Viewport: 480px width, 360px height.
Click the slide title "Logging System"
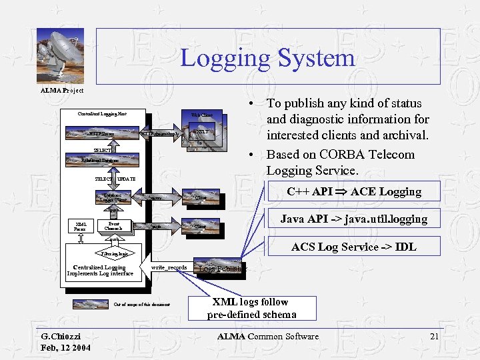(x=267, y=57)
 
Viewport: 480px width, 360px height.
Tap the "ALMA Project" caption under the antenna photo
(x=62, y=89)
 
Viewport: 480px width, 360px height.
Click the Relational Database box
(x=100, y=161)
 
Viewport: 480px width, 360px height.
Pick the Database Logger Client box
(x=113, y=197)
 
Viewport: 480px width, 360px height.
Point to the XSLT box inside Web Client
(x=201, y=133)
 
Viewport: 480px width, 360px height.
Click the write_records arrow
(x=169, y=268)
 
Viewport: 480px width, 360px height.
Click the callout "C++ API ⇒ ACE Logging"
(x=353, y=192)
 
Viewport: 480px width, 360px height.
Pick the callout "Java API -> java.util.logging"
(x=353, y=219)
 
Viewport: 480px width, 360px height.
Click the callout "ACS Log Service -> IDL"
(x=353, y=247)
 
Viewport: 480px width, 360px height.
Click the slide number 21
(x=434, y=337)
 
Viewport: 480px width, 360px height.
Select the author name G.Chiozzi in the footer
(x=61, y=337)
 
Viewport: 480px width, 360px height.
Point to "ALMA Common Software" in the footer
(x=267, y=337)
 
